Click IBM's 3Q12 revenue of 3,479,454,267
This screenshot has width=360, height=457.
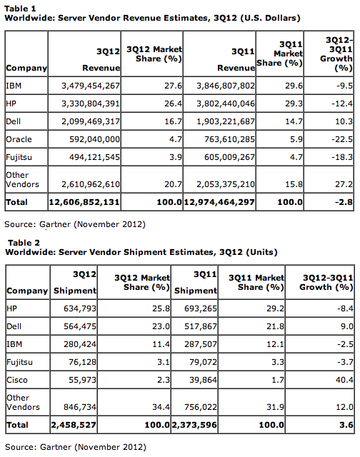91,86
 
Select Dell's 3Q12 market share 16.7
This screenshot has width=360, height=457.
173,121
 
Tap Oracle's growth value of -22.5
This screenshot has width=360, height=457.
342,139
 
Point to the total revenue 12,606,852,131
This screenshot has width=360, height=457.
84,202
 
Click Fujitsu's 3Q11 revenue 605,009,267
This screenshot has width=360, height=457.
229,157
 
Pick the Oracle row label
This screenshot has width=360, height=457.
19,139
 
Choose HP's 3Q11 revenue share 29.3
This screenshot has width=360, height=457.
294,104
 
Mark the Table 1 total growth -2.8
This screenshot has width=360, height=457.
344,202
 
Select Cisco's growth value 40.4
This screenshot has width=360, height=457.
344,380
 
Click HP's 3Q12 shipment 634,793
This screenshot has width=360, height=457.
80,308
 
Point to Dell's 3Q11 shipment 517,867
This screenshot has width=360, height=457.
201,326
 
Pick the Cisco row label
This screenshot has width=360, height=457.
17,380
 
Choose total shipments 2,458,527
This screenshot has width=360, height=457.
74,425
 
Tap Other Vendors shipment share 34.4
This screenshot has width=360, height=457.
161,407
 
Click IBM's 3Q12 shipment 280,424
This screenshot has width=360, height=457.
80,344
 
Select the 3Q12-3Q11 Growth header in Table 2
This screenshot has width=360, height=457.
326,283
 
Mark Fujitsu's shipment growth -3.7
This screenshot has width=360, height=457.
346,362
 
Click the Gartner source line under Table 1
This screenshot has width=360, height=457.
75,224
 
